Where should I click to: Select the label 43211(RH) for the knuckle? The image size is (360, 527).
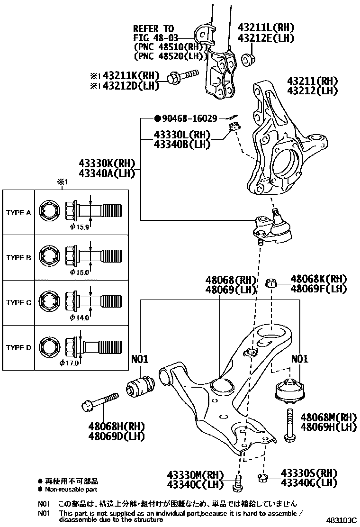(x=309, y=81)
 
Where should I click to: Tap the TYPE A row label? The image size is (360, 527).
(x=18, y=213)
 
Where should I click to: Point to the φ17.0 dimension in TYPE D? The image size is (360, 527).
(x=69, y=363)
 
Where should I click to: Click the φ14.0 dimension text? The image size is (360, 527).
(x=79, y=318)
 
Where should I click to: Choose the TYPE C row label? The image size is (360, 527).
(x=18, y=303)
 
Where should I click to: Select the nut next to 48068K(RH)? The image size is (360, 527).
(x=271, y=283)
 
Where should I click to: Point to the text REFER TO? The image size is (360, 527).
(x=153, y=29)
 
